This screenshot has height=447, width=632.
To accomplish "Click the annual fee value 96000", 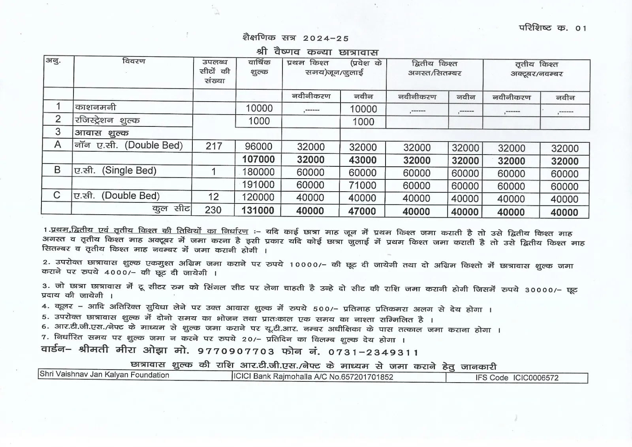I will click(258, 147).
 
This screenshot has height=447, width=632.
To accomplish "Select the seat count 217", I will click(214, 146).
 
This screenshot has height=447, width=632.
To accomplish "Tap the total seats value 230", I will click(213, 210).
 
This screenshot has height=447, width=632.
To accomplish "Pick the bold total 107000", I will click(258, 159).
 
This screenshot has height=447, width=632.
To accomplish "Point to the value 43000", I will click(363, 160).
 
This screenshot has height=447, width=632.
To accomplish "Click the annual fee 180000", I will click(258, 172).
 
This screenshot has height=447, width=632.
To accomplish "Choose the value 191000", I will click(258, 185).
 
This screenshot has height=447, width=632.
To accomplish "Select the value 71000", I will click(363, 185).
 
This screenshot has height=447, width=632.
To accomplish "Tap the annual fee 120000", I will click(258, 197).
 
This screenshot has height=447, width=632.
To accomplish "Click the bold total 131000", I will click(258, 210).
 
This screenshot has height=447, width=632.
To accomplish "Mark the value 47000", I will click(362, 211).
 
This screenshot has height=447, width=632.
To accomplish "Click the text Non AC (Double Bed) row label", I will click(129, 145).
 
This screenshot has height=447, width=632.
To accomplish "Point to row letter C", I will click(57, 195).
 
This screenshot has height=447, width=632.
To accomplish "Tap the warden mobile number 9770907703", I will click(236, 351).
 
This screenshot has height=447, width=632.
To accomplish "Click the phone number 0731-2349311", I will click(368, 352).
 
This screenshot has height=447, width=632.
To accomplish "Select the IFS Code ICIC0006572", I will click(517, 378).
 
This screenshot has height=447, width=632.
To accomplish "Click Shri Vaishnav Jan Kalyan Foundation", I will click(104, 375).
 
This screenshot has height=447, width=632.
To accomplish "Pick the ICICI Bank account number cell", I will click(313, 377).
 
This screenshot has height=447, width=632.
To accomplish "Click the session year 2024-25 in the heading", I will click(326, 38).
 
